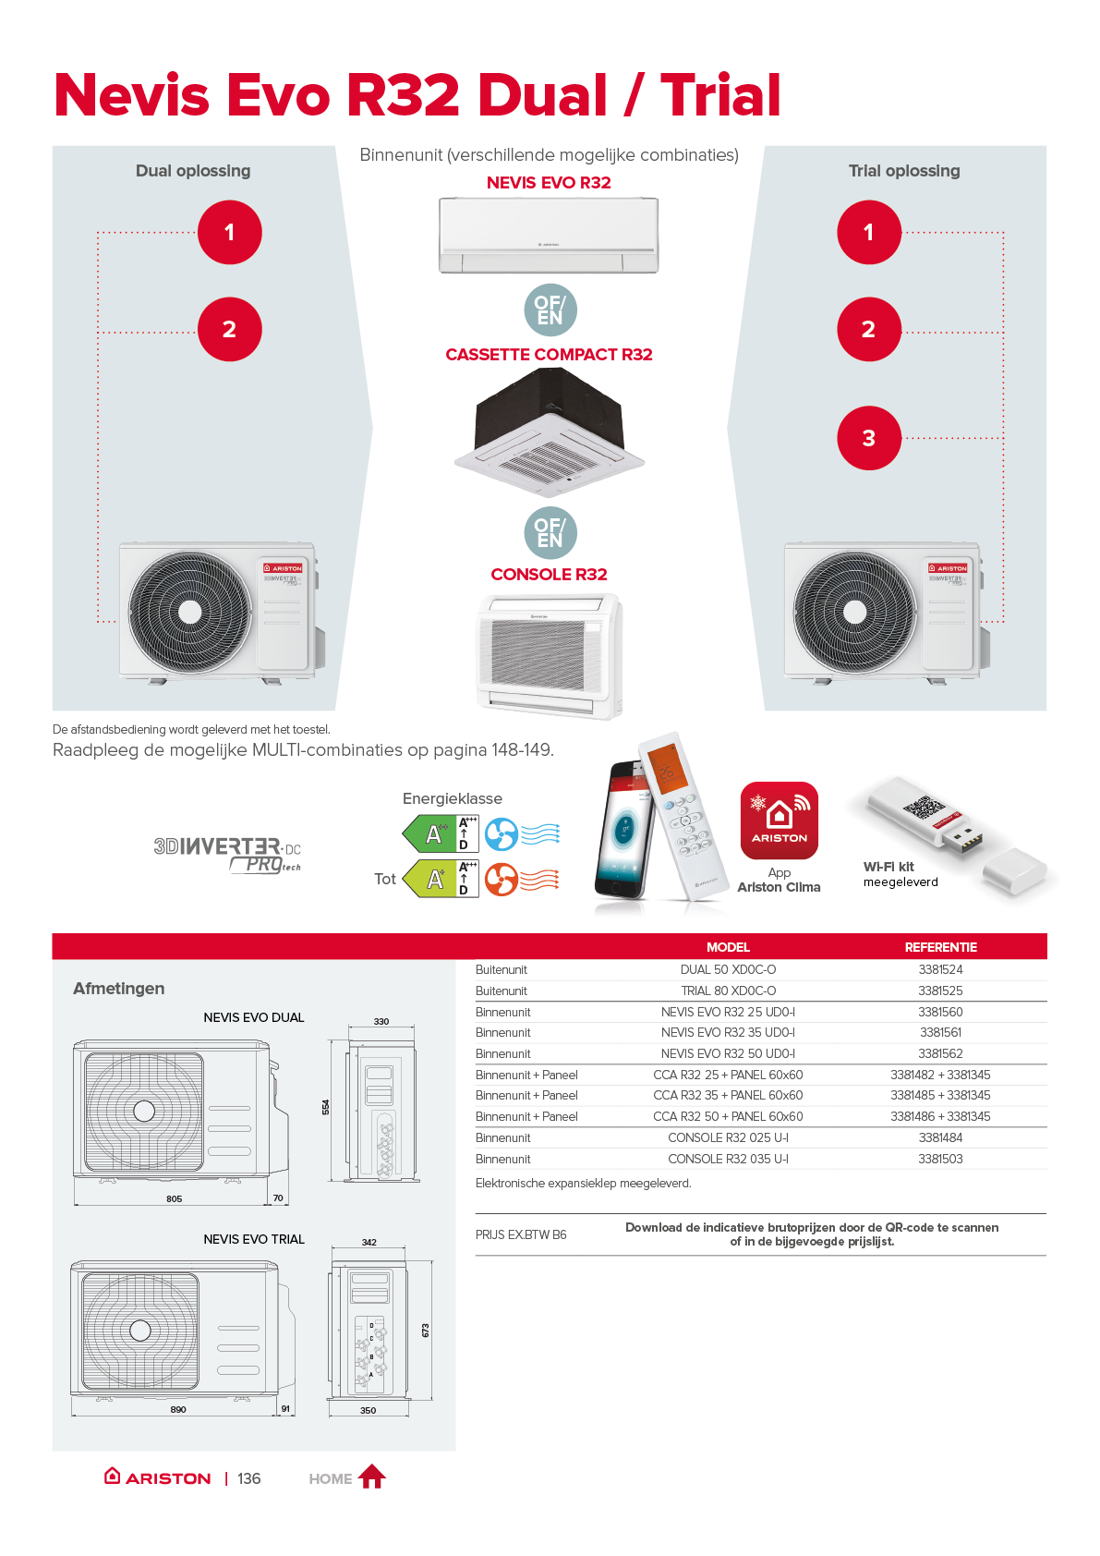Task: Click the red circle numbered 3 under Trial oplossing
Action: [x=868, y=438]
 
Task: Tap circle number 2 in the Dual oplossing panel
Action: [x=229, y=329]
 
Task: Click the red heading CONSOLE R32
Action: [x=549, y=574]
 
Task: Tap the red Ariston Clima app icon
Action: [x=780, y=821]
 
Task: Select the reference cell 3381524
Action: [x=940, y=969]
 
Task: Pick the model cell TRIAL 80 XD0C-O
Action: [x=728, y=991]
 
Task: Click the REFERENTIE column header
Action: [x=940, y=947]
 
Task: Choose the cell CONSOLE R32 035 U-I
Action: [x=728, y=1159]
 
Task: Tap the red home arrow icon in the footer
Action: [x=371, y=1477]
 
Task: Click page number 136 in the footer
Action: [x=248, y=1478]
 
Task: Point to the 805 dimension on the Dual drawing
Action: [x=174, y=1198]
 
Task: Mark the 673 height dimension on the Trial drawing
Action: [x=425, y=1330]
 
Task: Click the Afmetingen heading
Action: [x=118, y=989]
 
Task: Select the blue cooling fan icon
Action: [x=502, y=834]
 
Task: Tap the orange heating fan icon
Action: [x=502, y=879]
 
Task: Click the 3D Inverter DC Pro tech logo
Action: [x=227, y=854]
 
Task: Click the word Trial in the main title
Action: [x=720, y=95]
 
